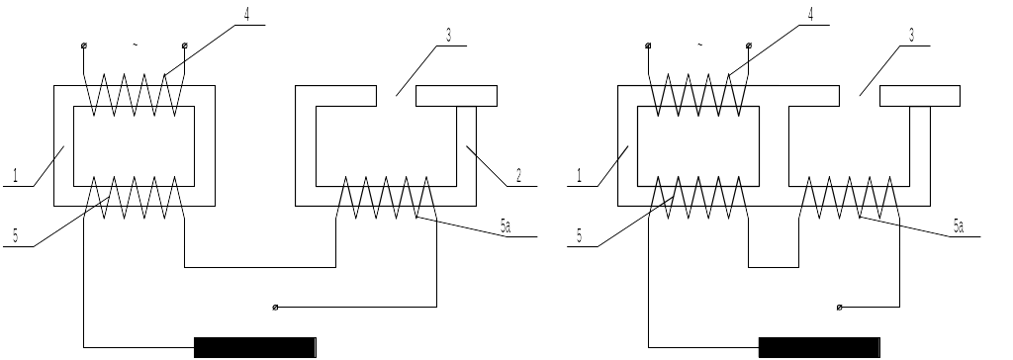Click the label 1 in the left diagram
(x=16, y=175)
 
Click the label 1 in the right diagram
(x=580, y=175)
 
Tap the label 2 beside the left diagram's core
(x=518, y=175)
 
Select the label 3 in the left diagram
(x=448, y=35)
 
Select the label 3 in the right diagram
(x=911, y=35)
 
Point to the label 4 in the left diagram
(x=246, y=14)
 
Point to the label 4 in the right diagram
(x=811, y=14)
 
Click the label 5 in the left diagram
(x=16, y=236)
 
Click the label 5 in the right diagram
(x=580, y=236)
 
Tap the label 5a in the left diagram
(x=506, y=225)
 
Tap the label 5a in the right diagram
(x=958, y=225)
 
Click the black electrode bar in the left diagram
(x=255, y=347)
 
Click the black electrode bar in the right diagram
(x=819, y=347)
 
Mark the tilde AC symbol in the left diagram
(x=135, y=45)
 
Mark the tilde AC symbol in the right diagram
(x=699, y=45)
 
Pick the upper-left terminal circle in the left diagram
(x=84, y=45)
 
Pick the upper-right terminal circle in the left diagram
(x=185, y=45)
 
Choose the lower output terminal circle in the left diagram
(x=275, y=307)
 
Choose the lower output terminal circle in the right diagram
(x=839, y=307)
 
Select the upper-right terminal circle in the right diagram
(x=749, y=45)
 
